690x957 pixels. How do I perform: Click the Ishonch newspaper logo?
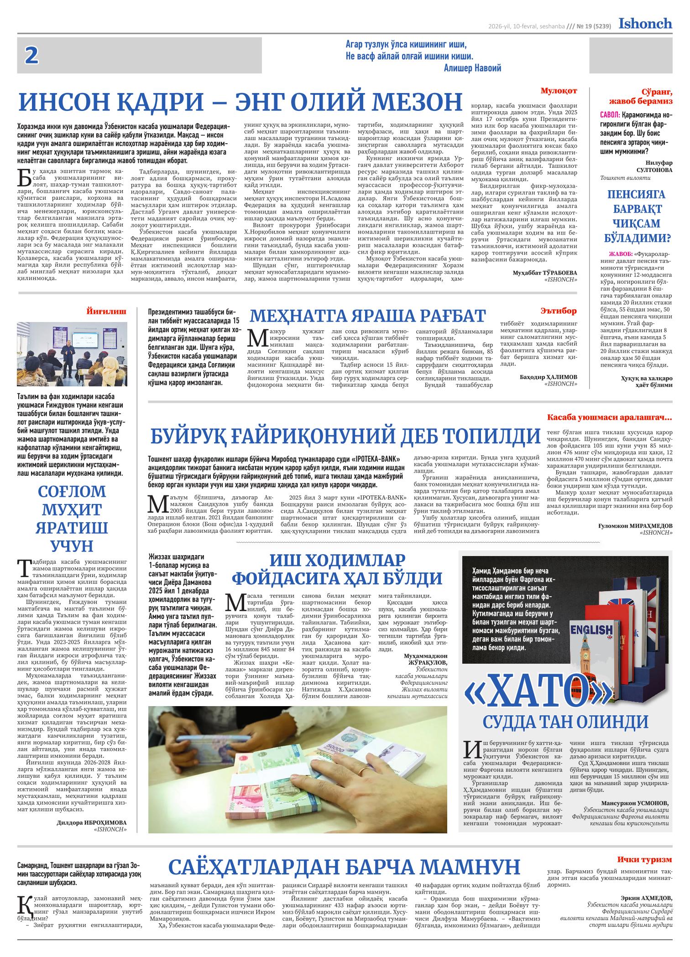[645, 23]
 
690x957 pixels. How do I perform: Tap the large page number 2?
[31, 56]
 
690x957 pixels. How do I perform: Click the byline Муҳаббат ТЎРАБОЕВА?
[544, 272]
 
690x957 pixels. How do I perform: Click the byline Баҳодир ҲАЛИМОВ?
[548, 377]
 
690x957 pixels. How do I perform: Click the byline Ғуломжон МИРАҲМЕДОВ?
[635, 526]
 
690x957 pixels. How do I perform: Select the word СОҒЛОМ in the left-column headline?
[72, 491]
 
